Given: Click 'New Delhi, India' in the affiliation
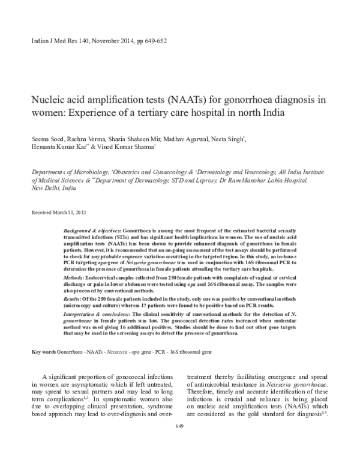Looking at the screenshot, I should click(53, 188).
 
